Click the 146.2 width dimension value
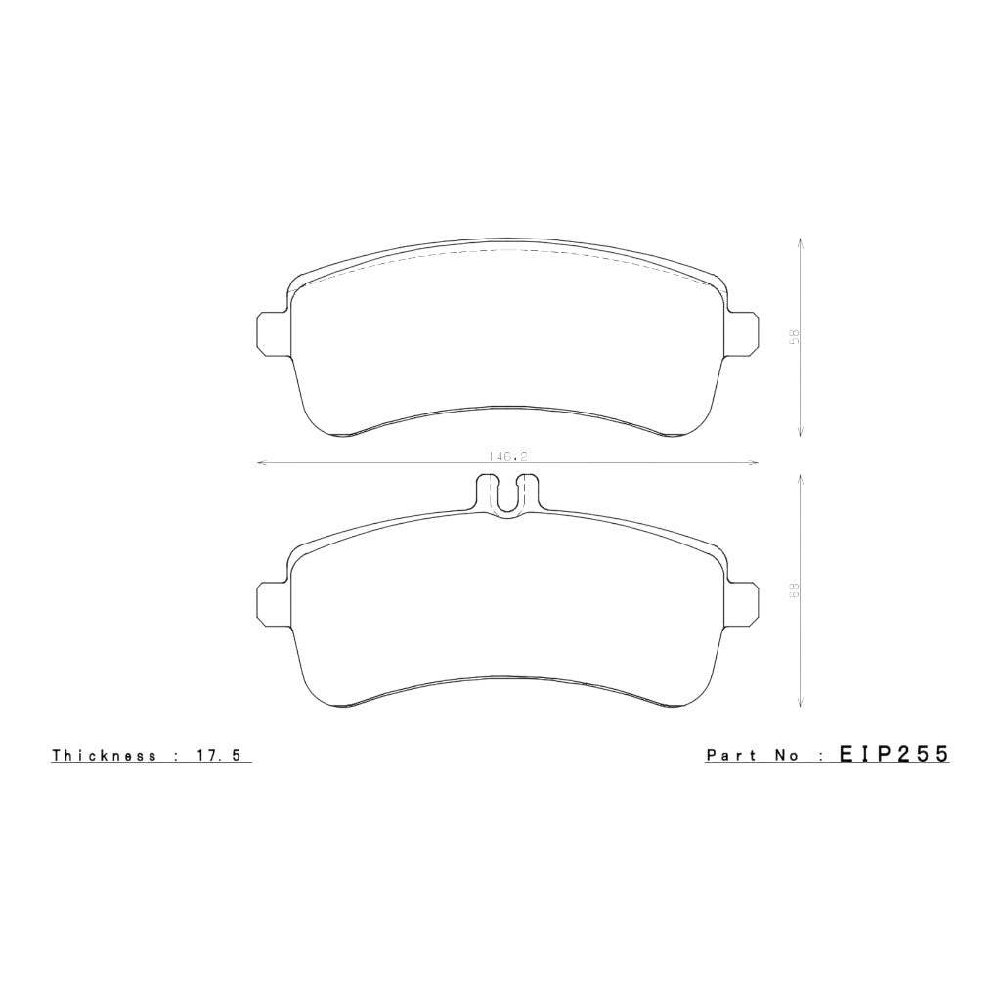[504, 456]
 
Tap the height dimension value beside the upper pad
[795, 336]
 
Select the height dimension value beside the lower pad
[795, 589]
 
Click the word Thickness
[104, 755]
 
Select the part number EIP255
[894, 754]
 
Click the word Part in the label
[731, 755]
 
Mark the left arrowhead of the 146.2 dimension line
[259, 462]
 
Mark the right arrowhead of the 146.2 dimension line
[755, 462]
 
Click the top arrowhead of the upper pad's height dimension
[801, 240]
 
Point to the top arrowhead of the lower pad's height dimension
[801, 476]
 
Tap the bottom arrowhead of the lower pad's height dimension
[801, 703]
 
